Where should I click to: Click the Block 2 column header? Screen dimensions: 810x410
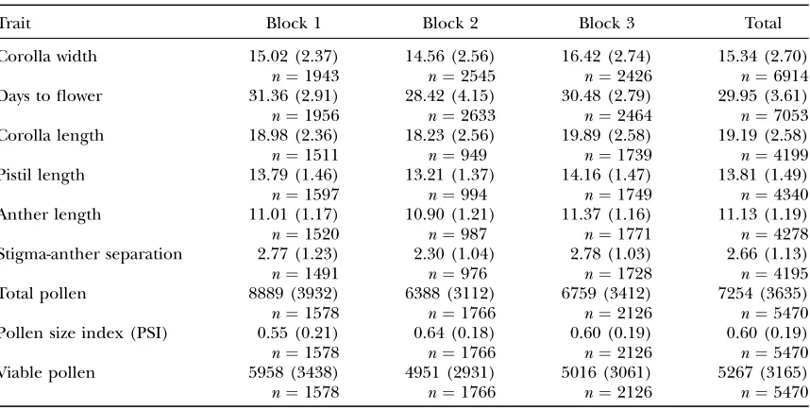450,24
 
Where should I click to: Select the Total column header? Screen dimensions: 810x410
763,24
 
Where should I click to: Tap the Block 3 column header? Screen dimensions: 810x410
606,24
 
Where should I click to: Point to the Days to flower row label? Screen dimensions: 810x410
51,96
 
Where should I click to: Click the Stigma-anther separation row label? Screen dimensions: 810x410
91,254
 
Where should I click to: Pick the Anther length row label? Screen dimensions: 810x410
51,214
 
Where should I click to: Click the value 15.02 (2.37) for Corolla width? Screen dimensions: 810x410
294,56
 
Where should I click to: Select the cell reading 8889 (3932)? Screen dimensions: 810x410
294,294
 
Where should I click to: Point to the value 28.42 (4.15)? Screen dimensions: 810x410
450,96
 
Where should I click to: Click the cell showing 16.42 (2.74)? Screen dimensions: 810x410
606,56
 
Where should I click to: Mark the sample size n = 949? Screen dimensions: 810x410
457,155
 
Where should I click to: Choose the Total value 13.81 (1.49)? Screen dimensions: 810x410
763,176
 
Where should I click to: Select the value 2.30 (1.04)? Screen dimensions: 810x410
454,254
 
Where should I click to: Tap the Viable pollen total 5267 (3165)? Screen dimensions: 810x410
763,373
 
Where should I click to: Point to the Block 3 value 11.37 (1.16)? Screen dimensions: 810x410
606,214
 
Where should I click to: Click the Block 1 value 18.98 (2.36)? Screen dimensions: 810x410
294,135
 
